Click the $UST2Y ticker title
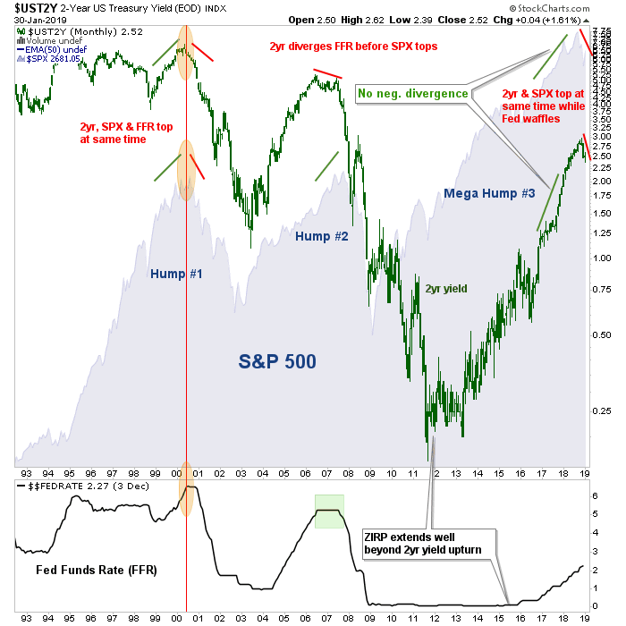pos(36,7)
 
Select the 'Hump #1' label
pos(175,273)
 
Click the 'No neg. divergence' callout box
pos(413,92)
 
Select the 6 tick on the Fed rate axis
pos(596,495)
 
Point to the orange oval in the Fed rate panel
pos(186,496)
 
